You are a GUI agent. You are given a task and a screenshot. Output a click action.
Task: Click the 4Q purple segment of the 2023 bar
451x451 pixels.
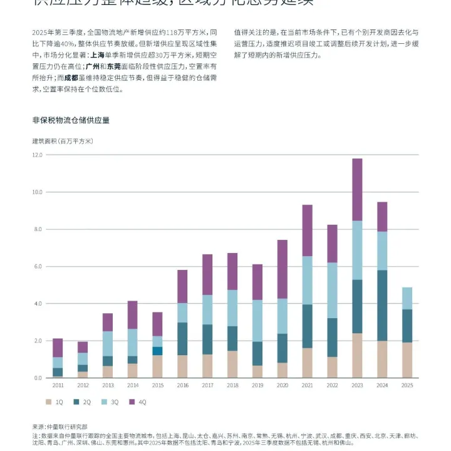click(357, 189)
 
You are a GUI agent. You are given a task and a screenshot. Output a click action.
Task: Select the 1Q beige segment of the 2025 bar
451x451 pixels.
click(407, 360)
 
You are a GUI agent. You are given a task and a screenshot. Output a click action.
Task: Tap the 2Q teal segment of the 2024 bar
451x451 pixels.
click(382, 305)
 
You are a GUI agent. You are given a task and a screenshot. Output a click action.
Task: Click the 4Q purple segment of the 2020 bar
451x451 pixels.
click(282, 269)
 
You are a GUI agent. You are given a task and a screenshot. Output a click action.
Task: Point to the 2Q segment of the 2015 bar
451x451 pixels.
click(157, 351)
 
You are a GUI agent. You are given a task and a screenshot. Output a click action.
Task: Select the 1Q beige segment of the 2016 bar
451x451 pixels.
click(182, 366)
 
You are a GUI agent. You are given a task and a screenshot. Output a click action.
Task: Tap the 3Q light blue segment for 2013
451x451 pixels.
click(108, 343)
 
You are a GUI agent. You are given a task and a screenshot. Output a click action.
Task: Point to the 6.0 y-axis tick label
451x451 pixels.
click(38, 266)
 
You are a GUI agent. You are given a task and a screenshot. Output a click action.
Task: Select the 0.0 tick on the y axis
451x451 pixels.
click(38, 378)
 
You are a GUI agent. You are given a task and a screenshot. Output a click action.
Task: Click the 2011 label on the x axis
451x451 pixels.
click(58, 386)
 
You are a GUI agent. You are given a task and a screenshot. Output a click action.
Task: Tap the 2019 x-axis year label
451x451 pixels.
click(257, 386)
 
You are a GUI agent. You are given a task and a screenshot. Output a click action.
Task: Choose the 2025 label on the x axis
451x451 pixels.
click(407, 386)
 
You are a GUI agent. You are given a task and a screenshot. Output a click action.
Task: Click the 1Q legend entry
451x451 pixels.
click(54, 402)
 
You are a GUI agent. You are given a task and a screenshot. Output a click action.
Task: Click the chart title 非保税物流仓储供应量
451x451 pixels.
click(71, 120)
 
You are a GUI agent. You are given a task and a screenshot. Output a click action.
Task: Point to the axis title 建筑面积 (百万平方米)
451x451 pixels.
click(62, 141)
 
